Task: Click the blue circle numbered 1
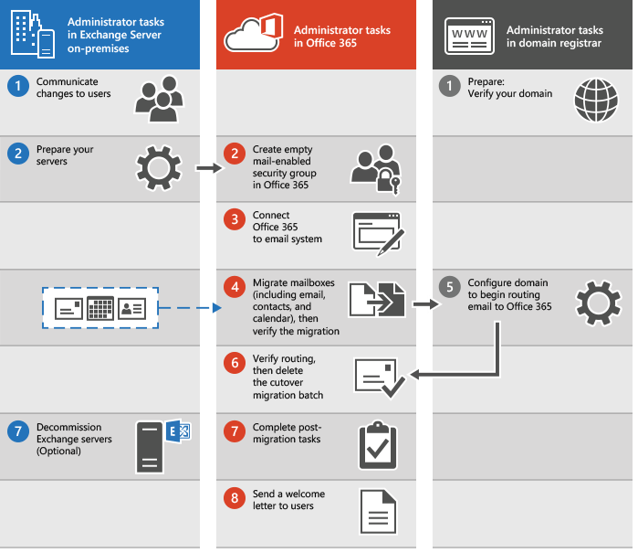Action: (16, 87)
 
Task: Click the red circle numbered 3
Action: (235, 219)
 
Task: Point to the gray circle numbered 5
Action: (449, 285)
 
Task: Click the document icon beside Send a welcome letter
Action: (377, 512)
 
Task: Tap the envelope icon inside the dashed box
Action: (69, 308)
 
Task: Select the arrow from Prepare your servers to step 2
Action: (208, 167)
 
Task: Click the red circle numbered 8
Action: (235, 498)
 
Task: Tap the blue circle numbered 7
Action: (16, 429)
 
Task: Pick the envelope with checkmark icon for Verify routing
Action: (379, 378)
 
